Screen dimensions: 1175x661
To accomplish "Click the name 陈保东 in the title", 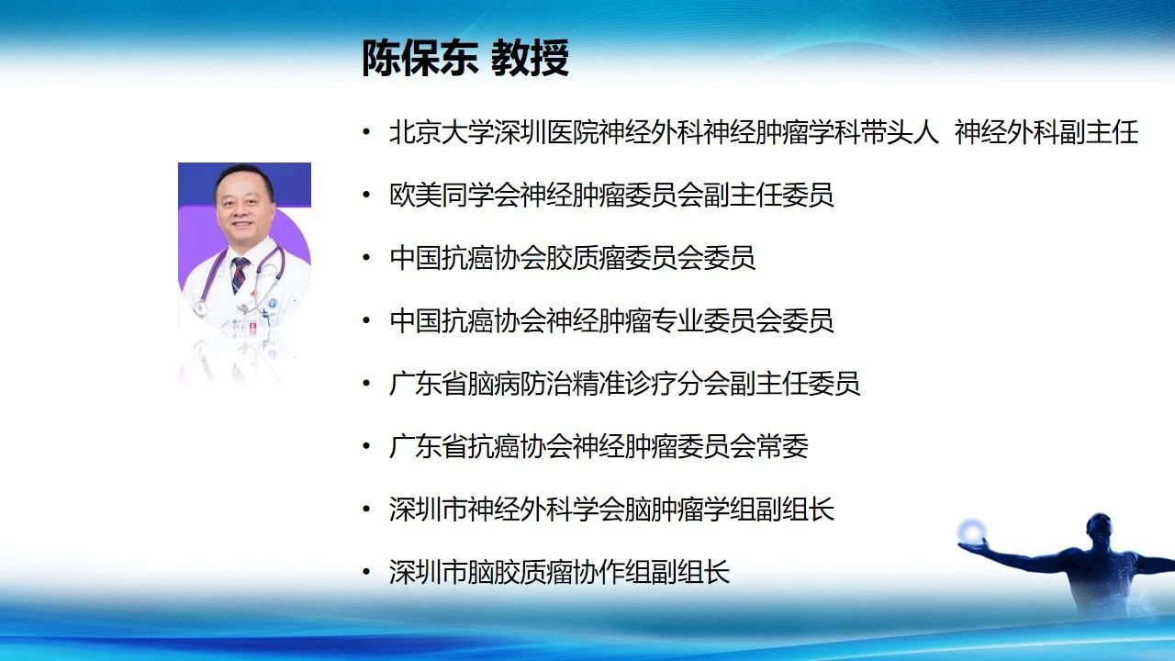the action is [x=420, y=57].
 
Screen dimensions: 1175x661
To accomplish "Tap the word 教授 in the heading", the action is [x=530, y=57].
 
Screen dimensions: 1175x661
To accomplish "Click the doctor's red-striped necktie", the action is [x=240, y=274].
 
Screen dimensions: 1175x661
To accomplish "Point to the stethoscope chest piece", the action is [x=200, y=309].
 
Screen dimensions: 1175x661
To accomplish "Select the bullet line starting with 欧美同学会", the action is [x=611, y=195].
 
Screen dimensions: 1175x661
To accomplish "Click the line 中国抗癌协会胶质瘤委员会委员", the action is [x=572, y=258].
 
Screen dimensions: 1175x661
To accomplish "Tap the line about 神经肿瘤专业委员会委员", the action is [x=611, y=320].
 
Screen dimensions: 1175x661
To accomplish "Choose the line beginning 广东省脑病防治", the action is [x=625, y=383].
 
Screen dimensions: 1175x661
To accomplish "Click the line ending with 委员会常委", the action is [x=599, y=446].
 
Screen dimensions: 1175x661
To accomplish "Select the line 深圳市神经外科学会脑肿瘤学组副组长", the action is [x=611, y=509].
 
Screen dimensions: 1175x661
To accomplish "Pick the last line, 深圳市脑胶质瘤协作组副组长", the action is [x=560, y=571].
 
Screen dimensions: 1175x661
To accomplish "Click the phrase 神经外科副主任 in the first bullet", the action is [x=1046, y=131].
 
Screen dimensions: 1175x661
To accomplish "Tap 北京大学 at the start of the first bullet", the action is [x=442, y=131].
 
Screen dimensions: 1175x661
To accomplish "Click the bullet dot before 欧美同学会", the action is [x=366, y=196].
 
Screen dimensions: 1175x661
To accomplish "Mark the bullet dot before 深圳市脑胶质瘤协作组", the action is [x=366, y=572].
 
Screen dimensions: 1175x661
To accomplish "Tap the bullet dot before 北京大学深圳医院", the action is [x=366, y=132].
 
